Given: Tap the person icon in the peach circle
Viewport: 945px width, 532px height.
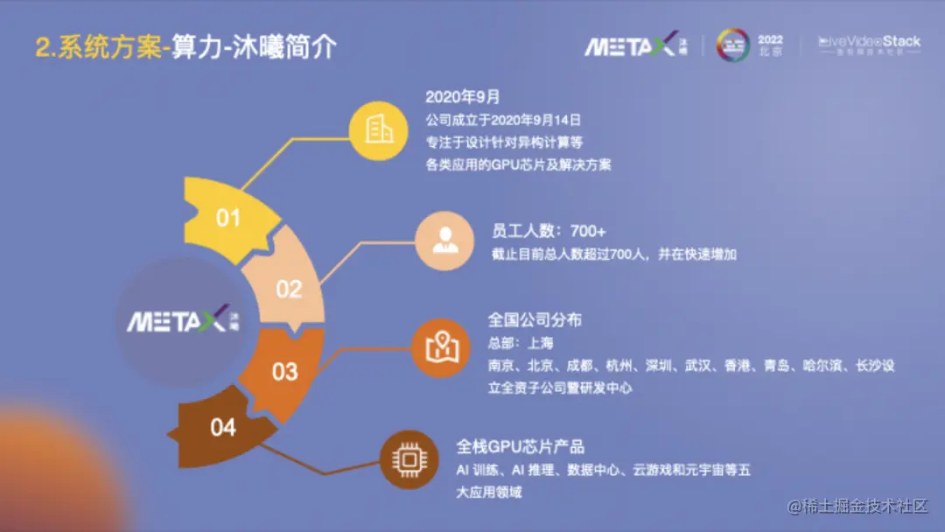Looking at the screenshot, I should pos(444,241).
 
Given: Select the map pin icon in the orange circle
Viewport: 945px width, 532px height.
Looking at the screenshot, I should pos(442,347).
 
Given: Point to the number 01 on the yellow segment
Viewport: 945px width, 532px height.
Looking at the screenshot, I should pos(227,217).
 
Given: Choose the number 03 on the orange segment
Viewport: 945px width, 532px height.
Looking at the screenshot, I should pos(284,372).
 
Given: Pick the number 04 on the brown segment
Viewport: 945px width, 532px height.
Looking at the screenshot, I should pos(223,428).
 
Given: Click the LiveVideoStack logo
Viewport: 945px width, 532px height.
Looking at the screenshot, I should pos(869,45).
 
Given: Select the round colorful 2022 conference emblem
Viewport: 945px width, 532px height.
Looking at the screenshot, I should pos(733,45).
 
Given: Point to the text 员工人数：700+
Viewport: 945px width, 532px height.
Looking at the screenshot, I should pos(549,232).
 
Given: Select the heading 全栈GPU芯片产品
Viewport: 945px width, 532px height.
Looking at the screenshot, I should pos(520,446).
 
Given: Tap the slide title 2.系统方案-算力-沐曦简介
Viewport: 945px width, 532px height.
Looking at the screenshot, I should pos(185,47).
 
